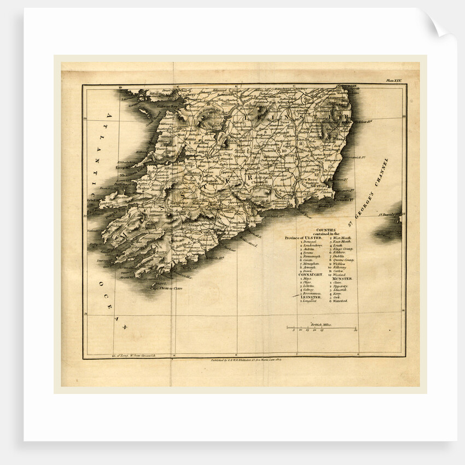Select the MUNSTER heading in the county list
341,278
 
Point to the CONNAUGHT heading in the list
310,274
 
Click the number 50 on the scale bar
356,330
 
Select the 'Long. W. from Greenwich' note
135,356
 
